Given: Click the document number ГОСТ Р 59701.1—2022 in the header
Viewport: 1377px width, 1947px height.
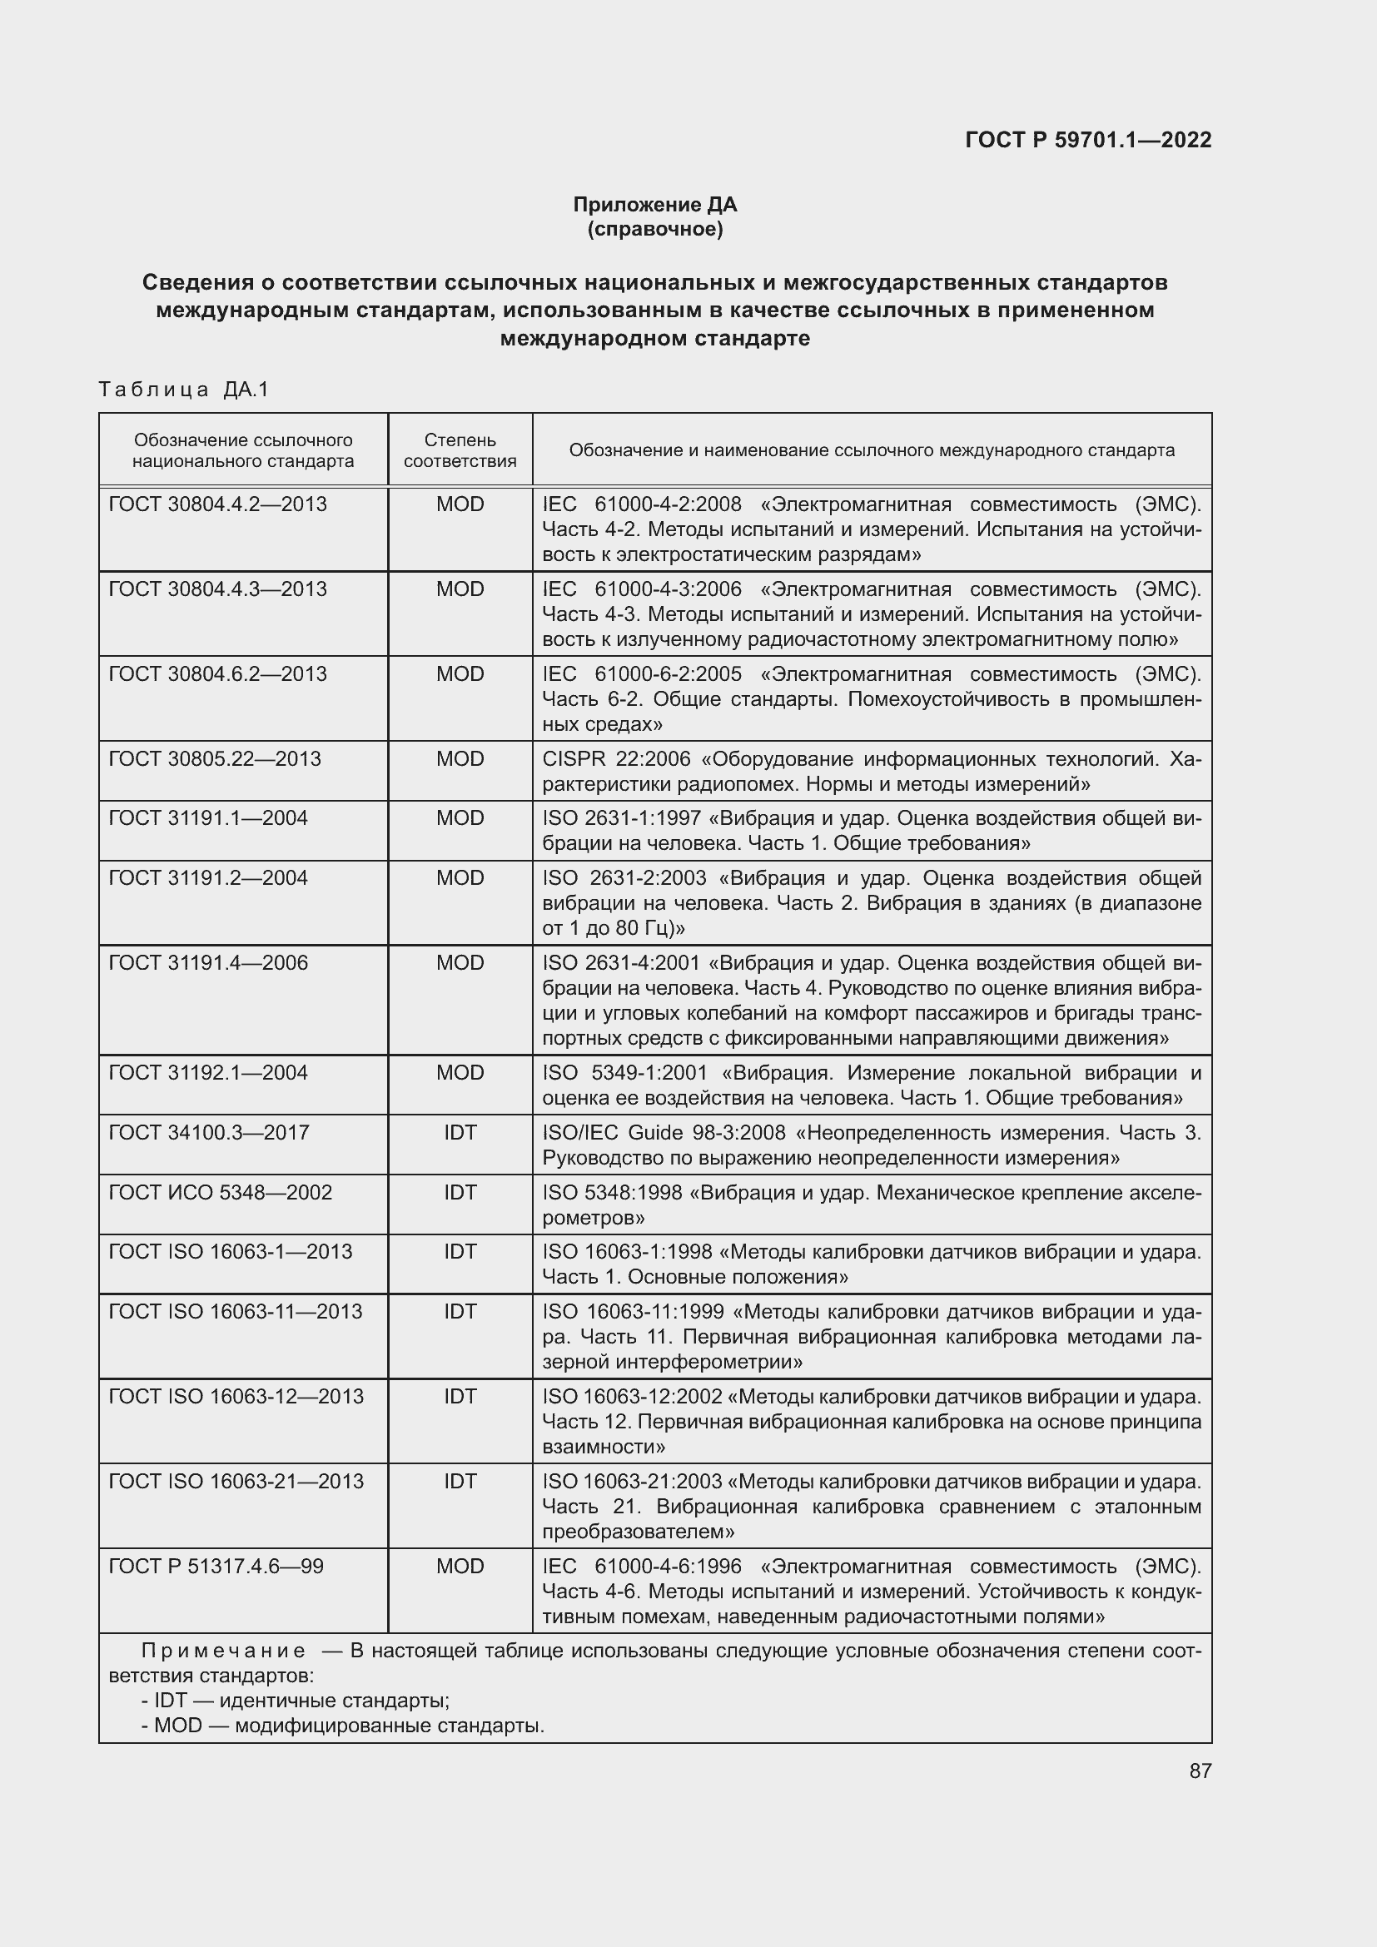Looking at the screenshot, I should (1088, 140).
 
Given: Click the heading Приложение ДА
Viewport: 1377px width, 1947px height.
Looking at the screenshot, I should (654, 205).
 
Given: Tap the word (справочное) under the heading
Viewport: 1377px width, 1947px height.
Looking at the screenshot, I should (654, 229).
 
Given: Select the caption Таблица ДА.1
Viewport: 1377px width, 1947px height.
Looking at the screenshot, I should (183, 390).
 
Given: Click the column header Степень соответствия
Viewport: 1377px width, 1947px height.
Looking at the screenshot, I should (460, 450).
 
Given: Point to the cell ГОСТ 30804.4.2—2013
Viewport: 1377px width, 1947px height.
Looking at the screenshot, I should (218, 504).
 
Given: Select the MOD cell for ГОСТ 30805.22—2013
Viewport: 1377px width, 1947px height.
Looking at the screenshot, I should (460, 759).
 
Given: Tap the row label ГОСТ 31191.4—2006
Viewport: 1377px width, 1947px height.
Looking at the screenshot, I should (209, 962).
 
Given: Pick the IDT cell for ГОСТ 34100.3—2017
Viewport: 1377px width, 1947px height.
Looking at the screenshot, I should (460, 1132).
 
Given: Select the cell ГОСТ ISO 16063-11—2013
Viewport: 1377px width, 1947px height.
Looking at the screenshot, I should (235, 1311).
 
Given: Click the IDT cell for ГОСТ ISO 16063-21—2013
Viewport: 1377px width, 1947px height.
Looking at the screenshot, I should (460, 1481).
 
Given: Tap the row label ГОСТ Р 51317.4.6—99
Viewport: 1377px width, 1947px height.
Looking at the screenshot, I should (216, 1566).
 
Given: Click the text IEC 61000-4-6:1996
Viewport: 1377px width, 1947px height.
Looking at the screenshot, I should (642, 1566).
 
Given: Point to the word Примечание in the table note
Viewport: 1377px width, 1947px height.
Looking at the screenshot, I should (223, 1650).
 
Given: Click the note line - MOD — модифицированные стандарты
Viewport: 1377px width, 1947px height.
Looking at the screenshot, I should (342, 1725).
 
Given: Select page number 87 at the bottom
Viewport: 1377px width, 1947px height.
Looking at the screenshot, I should (1200, 1771).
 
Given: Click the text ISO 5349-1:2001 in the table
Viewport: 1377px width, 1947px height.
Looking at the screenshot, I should (624, 1073).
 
